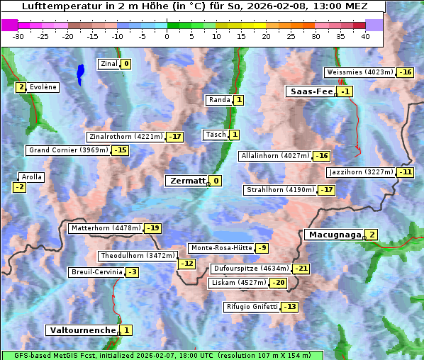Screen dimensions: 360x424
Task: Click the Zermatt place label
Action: coord(186,181)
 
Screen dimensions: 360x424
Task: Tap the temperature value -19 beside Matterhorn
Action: coord(152,228)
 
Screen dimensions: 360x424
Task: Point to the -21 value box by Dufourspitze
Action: coord(301,269)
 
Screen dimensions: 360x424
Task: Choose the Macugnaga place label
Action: coord(333,235)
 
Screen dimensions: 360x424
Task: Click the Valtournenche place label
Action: coord(82,330)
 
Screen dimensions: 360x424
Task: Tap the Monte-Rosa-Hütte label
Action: coord(221,248)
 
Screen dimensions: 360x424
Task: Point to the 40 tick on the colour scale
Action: coord(365,35)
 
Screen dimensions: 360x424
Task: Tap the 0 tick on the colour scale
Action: coord(167,35)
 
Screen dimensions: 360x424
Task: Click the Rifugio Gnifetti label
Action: coord(251,307)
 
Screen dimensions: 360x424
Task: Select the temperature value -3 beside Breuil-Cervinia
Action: coord(132,272)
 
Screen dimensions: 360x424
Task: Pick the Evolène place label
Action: coord(43,87)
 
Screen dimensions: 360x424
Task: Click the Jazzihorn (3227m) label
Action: coord(360,172)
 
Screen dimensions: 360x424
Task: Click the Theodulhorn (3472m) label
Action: coord(137,256)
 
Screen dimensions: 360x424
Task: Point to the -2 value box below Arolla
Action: coord(19,187)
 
